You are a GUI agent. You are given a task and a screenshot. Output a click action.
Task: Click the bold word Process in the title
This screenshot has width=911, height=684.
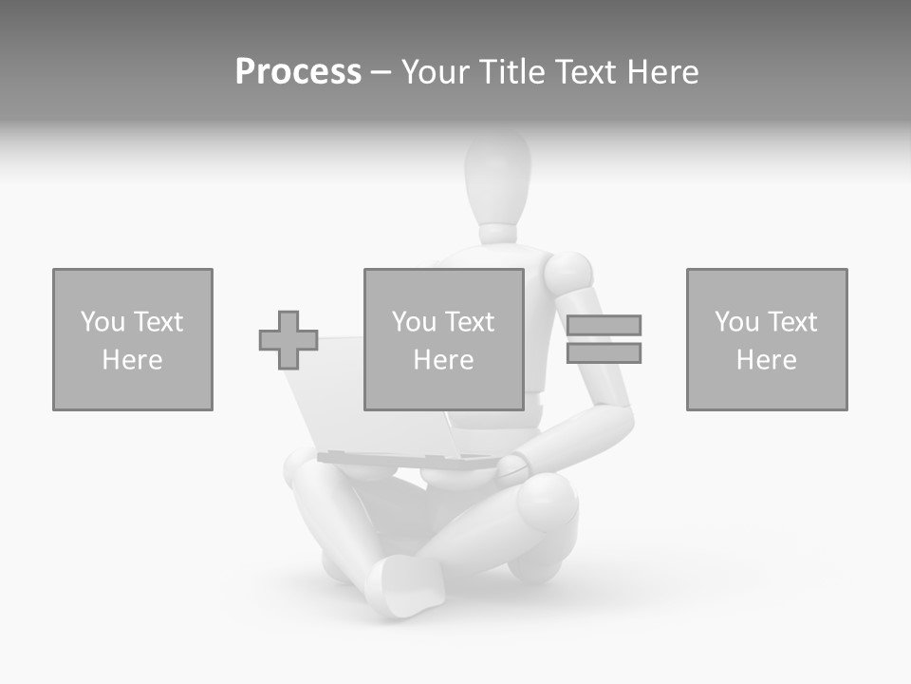point(298,72)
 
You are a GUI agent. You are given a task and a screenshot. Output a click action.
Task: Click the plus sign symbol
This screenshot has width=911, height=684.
point(288,340)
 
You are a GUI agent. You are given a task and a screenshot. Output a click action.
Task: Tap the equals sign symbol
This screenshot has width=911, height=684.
point(604,339)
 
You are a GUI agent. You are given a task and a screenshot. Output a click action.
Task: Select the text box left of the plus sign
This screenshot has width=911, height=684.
point(133,339)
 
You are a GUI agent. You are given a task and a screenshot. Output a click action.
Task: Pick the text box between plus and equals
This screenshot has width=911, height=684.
point(443,339)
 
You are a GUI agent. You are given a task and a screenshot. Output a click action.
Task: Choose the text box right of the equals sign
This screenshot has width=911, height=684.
point(767,339)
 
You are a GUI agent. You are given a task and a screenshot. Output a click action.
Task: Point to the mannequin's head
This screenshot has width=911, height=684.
point(497,176)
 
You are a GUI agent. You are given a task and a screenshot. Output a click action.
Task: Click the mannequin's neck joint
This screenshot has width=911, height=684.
point(497,233)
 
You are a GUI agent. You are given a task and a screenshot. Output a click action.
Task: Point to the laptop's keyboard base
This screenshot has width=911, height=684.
point(408,460)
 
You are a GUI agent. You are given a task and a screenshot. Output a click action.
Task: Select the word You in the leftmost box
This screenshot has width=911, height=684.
point(101,322)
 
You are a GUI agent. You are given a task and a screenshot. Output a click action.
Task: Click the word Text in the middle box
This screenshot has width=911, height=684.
point(470,322)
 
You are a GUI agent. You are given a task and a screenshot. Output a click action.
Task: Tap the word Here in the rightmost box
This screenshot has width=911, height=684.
point(767,360)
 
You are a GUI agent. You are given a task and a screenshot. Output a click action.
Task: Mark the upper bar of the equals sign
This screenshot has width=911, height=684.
point(604,325)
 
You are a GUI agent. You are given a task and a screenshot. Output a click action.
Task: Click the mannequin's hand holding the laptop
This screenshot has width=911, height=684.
point(513,465)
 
